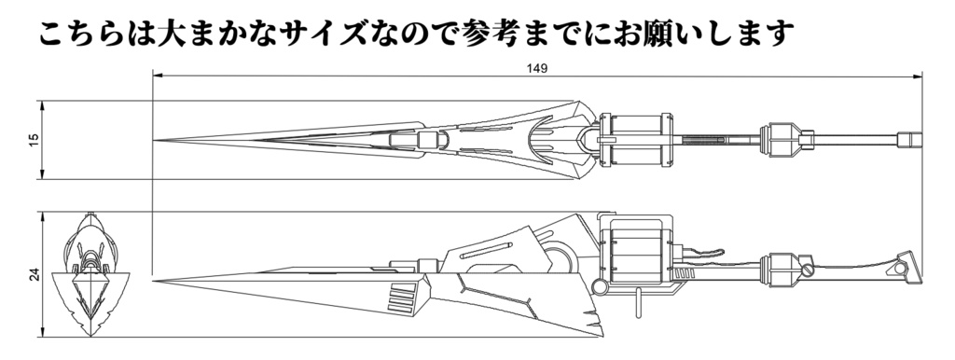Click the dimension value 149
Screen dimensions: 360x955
536,68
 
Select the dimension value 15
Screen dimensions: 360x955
35,139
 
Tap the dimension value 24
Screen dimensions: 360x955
35,275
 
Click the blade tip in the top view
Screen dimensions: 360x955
156,140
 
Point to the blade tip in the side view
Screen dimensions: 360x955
156,277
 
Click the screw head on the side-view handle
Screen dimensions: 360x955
809,270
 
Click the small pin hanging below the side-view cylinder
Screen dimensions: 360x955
638,300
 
